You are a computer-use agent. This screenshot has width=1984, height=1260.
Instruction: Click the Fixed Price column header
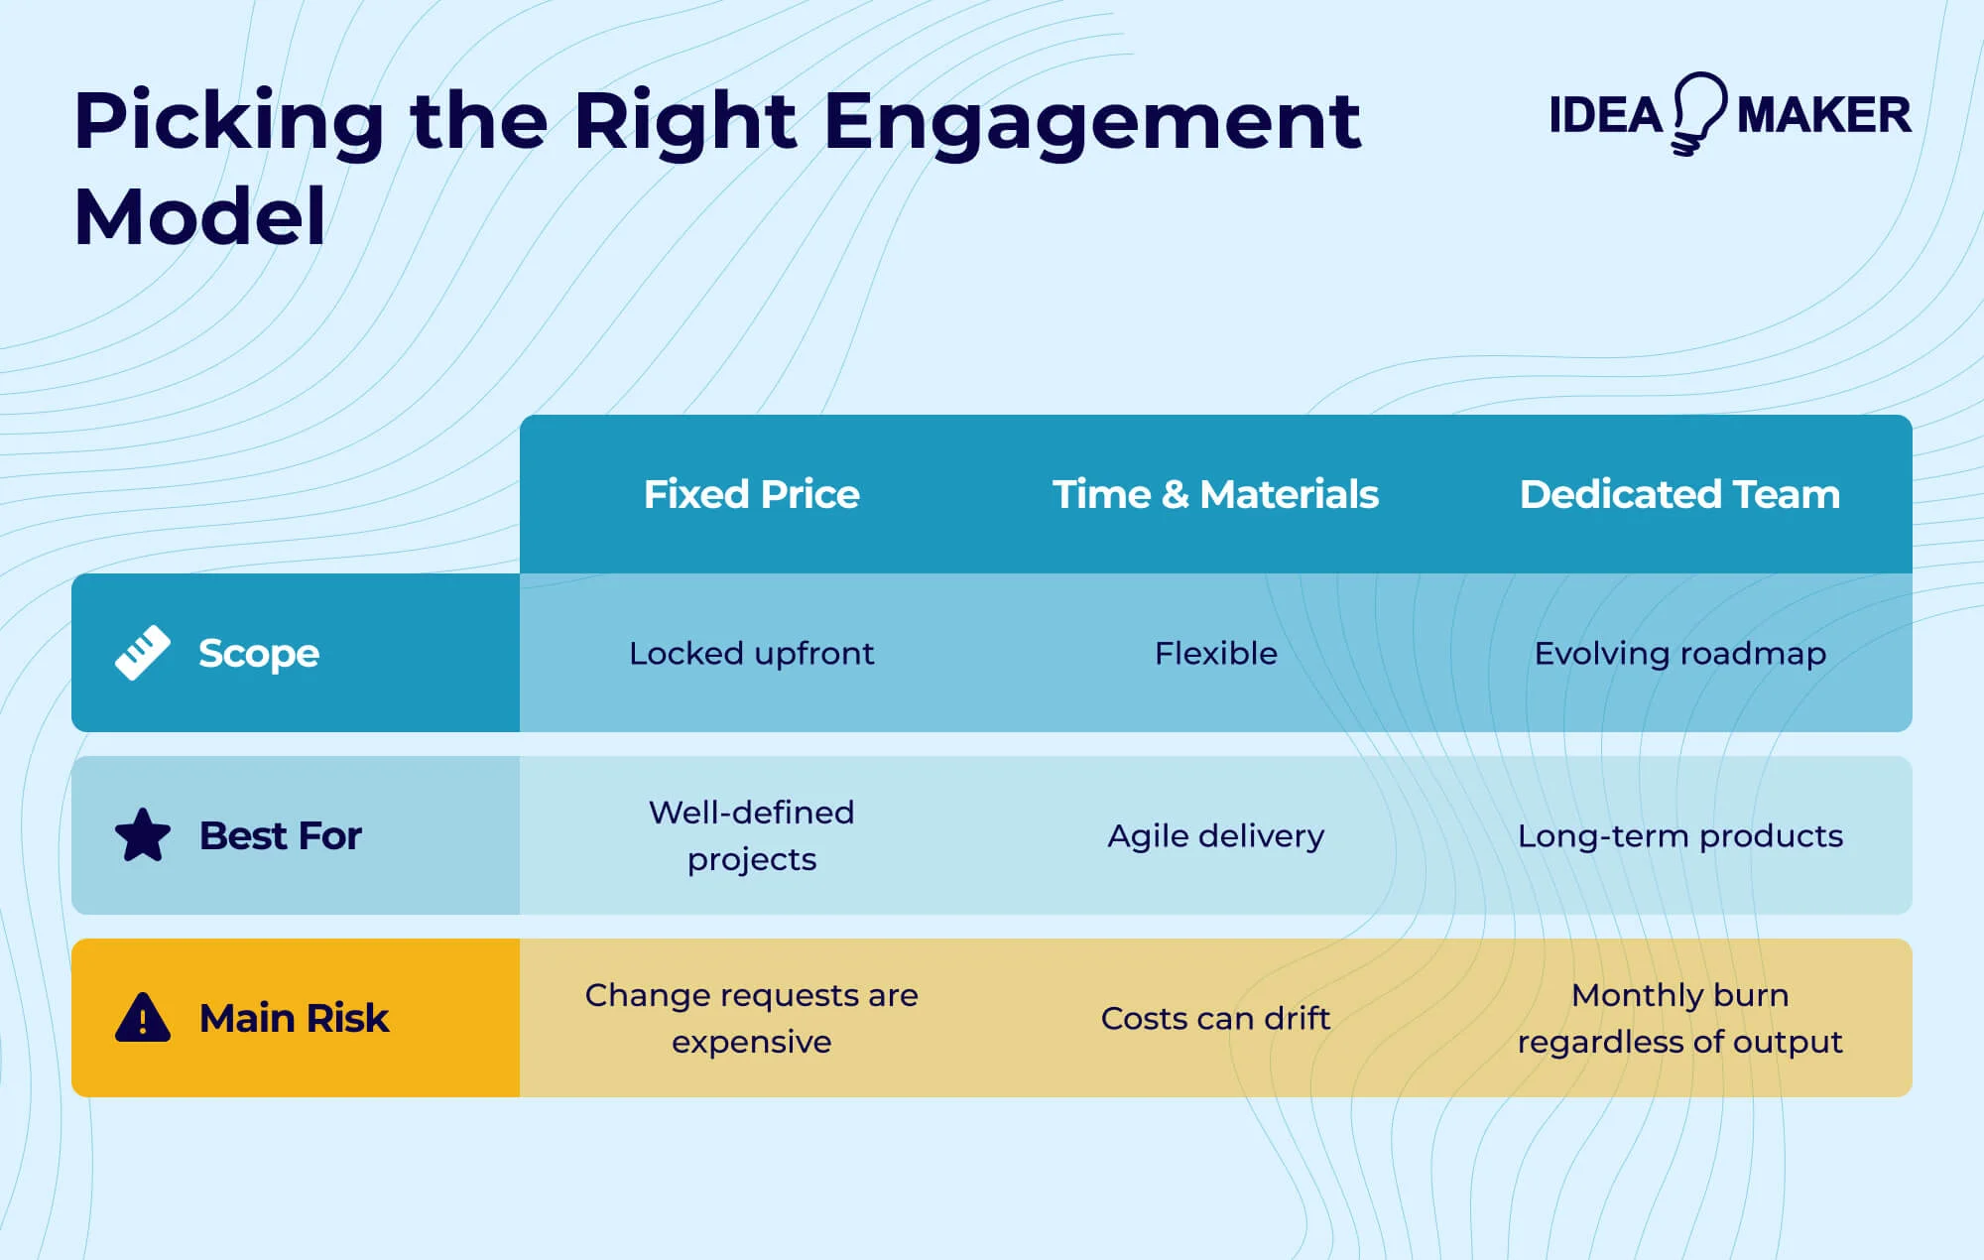click(751, 494)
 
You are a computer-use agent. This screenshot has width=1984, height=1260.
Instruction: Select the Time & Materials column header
click(1215, 494)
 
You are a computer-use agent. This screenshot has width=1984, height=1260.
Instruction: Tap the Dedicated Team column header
click(1679, 494)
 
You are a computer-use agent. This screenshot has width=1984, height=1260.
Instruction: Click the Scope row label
click(258, 653)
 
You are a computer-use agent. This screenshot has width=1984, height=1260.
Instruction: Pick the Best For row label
click(280, 835)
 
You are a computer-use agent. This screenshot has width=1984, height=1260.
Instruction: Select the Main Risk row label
click(294, 1018)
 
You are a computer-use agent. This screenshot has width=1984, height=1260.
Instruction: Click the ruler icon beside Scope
click(143, 653)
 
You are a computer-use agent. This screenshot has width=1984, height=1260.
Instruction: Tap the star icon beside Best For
click(143, 835)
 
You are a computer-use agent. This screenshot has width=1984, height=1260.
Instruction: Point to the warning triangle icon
click(143, 1018)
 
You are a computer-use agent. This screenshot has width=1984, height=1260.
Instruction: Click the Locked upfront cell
click(751, 653)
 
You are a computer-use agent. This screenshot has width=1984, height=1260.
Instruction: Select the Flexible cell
click(1215, 653)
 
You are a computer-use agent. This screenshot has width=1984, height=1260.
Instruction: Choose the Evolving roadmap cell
click(1679, 653)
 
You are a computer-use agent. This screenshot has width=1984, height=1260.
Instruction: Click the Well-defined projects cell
click(751, 835)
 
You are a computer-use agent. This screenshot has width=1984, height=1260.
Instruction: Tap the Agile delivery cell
click(1215, 835)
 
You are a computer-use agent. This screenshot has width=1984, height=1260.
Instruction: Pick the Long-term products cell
click(1679, 835)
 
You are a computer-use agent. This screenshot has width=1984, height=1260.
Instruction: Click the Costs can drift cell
click(1215, 1018)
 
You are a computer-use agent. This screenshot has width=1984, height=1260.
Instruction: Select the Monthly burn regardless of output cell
click(1679, 1018)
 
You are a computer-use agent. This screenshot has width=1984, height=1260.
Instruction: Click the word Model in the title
click(199, 216)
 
